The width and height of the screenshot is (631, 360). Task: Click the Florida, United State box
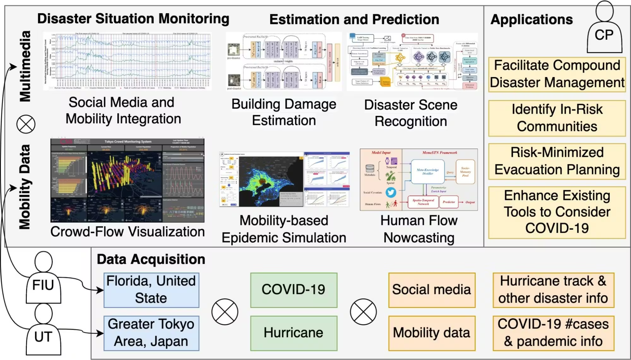coord(151,290)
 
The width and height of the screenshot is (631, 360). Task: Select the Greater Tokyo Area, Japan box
coord(151,333)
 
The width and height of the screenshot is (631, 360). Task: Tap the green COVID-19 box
coord(294,290)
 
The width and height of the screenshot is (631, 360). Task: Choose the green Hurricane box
coord(294,333)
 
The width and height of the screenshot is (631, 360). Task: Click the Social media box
coord(432,290)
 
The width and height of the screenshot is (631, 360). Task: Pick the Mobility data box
coord(432,333)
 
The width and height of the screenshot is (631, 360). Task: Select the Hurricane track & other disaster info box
coord(553,290)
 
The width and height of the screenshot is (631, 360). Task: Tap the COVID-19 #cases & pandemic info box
coord(553,333)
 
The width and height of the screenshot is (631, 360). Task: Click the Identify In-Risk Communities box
coord(557,118)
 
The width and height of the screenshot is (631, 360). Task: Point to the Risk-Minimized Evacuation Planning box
coord(557,161)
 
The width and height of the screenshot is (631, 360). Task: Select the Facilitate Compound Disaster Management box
coord(557,74)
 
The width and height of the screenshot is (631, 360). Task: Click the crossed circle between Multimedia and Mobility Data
coord(26,124)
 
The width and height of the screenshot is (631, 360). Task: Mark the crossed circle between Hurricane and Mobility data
coord(363,312)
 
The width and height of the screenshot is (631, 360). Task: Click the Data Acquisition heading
coord(151,259)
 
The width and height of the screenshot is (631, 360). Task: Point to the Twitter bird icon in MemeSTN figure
coord(390,192)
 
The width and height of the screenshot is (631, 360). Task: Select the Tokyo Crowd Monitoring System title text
coord(128,142)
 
